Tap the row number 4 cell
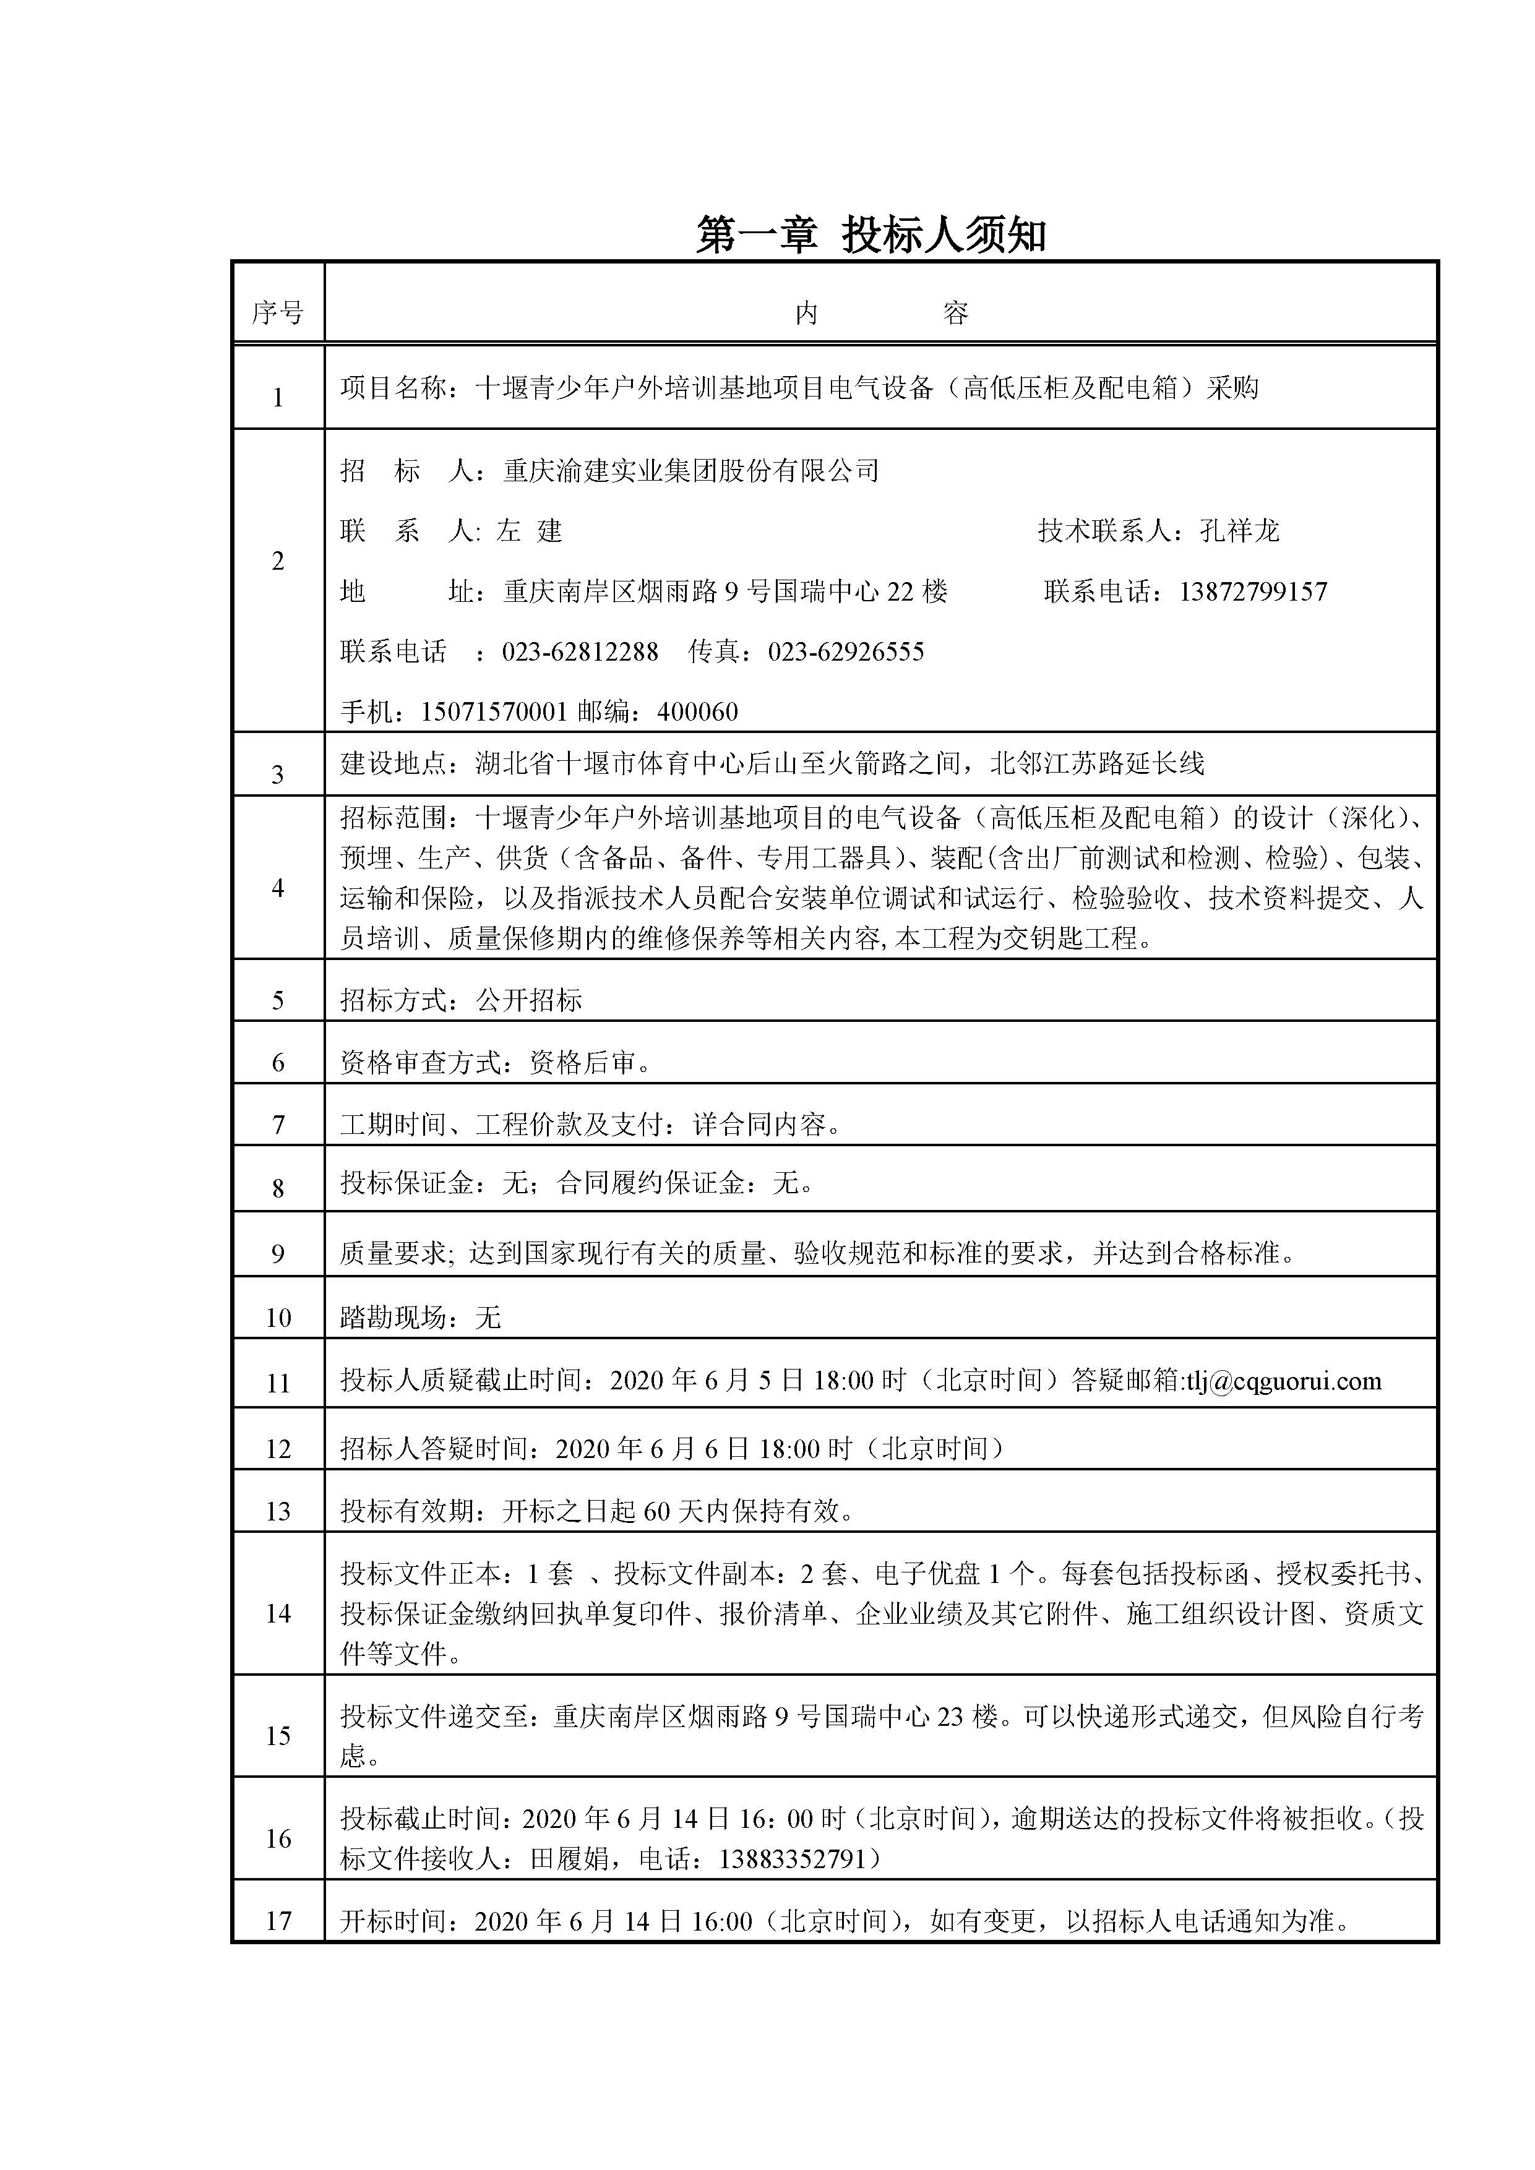[277, 888]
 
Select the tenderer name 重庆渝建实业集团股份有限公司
[691, 471]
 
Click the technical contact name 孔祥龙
[1239, 531]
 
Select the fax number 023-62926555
[845, 652]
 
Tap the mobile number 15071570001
[493, 711]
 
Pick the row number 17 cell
[277, 1921]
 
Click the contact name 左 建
[530, 531]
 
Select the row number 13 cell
[277, 1511]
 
